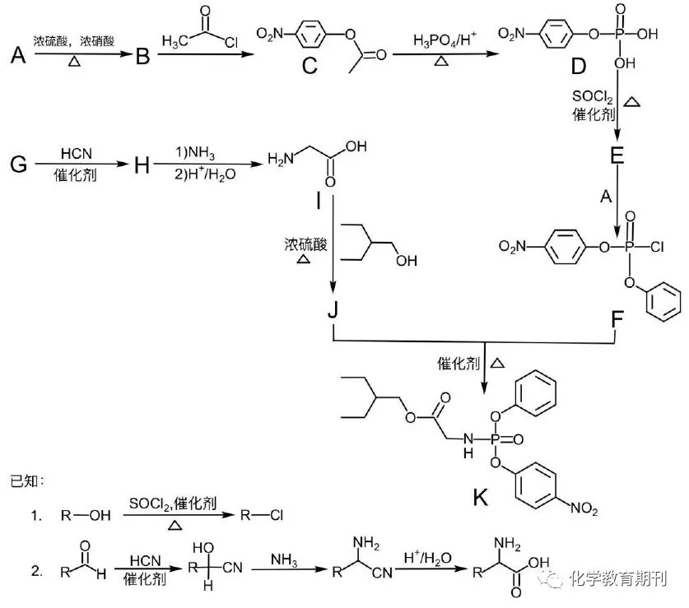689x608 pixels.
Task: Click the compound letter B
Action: (x=142, y=56)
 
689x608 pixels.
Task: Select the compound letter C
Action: (x=310, y=66)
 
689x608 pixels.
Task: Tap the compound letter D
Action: (x=578, y=66)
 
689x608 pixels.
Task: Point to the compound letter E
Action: (x=617, y=155)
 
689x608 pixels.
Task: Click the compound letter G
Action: (x=18, y=165)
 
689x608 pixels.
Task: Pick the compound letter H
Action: (x=142, y=165)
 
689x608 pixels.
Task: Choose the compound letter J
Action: (x=333, y=309)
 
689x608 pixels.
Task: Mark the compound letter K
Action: (x=480, y=498)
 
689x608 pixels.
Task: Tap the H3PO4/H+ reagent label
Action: (x=445, y=40)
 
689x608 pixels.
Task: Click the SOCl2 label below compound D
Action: (x=591, y=96)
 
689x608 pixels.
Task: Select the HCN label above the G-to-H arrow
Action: (x=77, y=154)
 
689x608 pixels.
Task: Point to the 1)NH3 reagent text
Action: (x=195, y=153)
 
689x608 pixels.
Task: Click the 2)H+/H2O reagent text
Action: (x=205, y=174)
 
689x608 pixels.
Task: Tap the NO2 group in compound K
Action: (x=584, y=508)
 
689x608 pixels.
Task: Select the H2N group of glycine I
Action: (x=281, y=159)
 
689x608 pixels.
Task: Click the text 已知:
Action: (x=27, y=480)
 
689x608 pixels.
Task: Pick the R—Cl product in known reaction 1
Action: (x=262, y=515)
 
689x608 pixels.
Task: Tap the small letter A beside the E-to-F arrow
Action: (x=606, y=197)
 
